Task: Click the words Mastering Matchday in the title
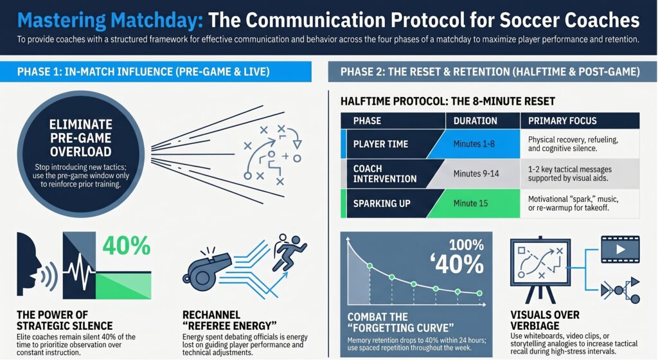click(x=110, y=20)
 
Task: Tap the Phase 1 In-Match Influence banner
click(x=156, y=72)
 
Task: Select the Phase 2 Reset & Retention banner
click(x=493, y=72)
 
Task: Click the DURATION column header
click(x=475, y=121)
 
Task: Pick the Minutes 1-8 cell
click(x=474, y=144)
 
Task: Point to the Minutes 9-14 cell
click(x=476, y=174)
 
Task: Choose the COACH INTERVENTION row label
click(x=385, y=174)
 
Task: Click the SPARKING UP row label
click(x=382, y=204)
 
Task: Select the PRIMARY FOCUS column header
click(x=562, y=121)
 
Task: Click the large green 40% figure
click(x=127, y=246)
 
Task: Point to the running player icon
click(x=290, y=253)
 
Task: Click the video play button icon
click(x=620, y=249)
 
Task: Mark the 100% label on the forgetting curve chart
click(x=467, y=245)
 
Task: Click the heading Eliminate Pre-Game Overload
click(x=80, y=138)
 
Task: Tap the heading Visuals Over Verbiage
click(x=545, y=320)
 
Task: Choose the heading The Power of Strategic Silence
click(x=65, y=320)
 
